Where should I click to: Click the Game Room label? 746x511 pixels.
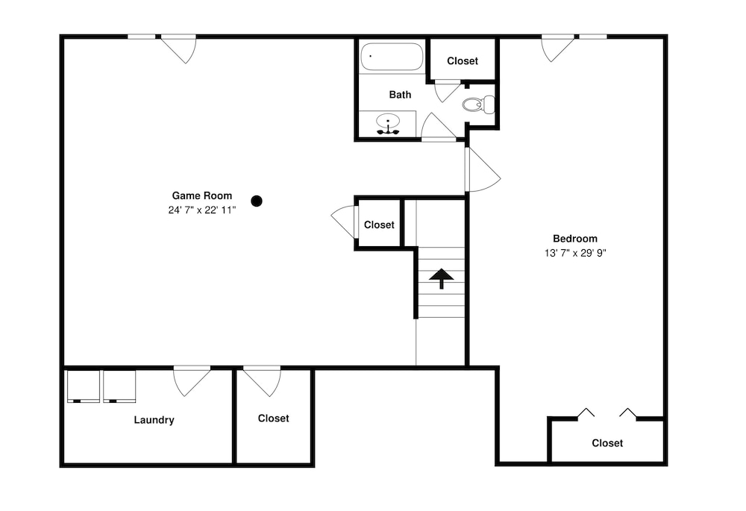click(201, 195)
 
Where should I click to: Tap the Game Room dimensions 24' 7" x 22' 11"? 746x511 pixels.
click(201, 210)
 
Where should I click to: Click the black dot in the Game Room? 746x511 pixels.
click(257, 201)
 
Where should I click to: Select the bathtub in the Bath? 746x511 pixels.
click(392, 57)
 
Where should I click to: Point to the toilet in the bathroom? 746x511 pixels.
click(478, 104)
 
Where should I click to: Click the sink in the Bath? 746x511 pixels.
click(388, 123)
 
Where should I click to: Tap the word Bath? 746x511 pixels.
click(400, 95)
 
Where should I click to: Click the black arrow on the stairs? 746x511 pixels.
click(442, 278)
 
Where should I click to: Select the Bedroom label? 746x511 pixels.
click(574, 239)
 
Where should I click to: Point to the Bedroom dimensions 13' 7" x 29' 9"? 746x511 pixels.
click(574, 253)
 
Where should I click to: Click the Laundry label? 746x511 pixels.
click(154, 420)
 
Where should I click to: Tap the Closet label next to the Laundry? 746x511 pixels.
click(273, 418)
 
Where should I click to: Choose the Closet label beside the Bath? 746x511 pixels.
click(463, 61)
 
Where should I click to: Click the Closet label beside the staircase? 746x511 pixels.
click(379, 225)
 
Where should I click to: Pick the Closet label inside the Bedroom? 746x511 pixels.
click(607, 443)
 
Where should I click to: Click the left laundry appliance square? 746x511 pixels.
click(84, 386)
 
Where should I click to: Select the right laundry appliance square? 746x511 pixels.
click(119, 386)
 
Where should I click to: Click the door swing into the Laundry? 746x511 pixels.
click(192, 380)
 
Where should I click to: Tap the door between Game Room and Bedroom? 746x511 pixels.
click(483, 169)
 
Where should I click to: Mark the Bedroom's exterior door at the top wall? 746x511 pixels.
click(557, 48)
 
